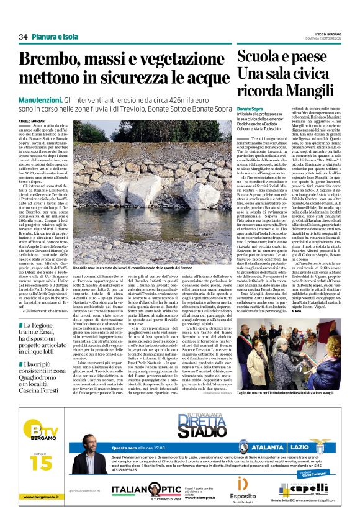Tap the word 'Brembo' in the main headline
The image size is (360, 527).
click(x=51, y=60)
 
